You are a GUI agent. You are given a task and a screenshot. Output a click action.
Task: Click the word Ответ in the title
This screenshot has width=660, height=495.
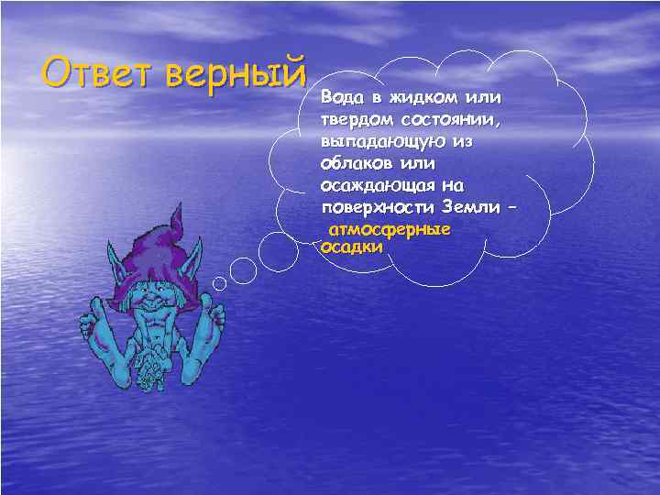click(x=98, y=71)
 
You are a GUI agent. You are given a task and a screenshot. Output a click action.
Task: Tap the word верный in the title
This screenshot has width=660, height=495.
click(x=236, y=71)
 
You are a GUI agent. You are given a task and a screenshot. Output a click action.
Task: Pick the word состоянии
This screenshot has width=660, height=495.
click(x=456, y=120)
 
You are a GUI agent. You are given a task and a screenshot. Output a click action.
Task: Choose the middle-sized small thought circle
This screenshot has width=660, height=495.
click(x=243, y=269)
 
